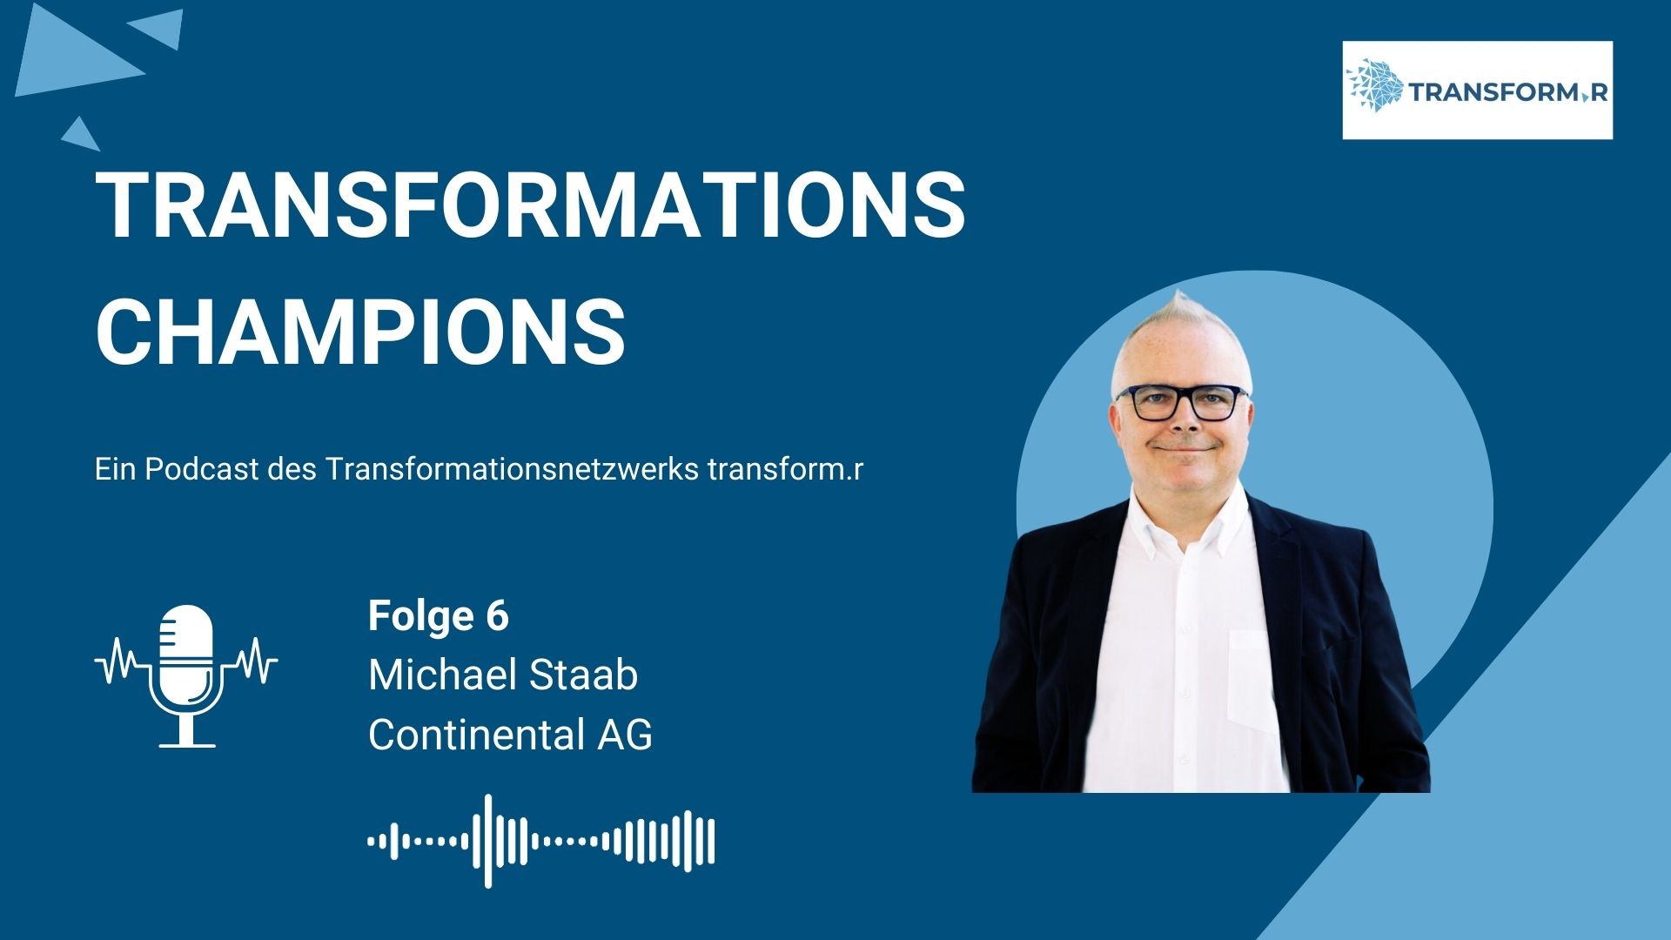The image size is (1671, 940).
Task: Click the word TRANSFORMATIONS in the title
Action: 530,205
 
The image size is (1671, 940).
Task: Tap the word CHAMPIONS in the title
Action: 360,332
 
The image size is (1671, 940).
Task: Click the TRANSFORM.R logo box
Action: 1477,90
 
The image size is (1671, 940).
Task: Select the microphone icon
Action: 186,675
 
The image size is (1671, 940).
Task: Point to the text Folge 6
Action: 438,615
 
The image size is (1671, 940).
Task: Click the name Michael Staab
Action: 503,675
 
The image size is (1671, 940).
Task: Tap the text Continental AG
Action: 510,735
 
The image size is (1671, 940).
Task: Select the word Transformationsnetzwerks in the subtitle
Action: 513,469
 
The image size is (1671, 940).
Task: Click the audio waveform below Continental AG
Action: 541,841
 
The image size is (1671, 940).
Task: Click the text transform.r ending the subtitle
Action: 786,469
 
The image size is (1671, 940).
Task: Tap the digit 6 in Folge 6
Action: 497,615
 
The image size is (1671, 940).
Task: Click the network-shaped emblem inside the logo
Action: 1375,85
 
